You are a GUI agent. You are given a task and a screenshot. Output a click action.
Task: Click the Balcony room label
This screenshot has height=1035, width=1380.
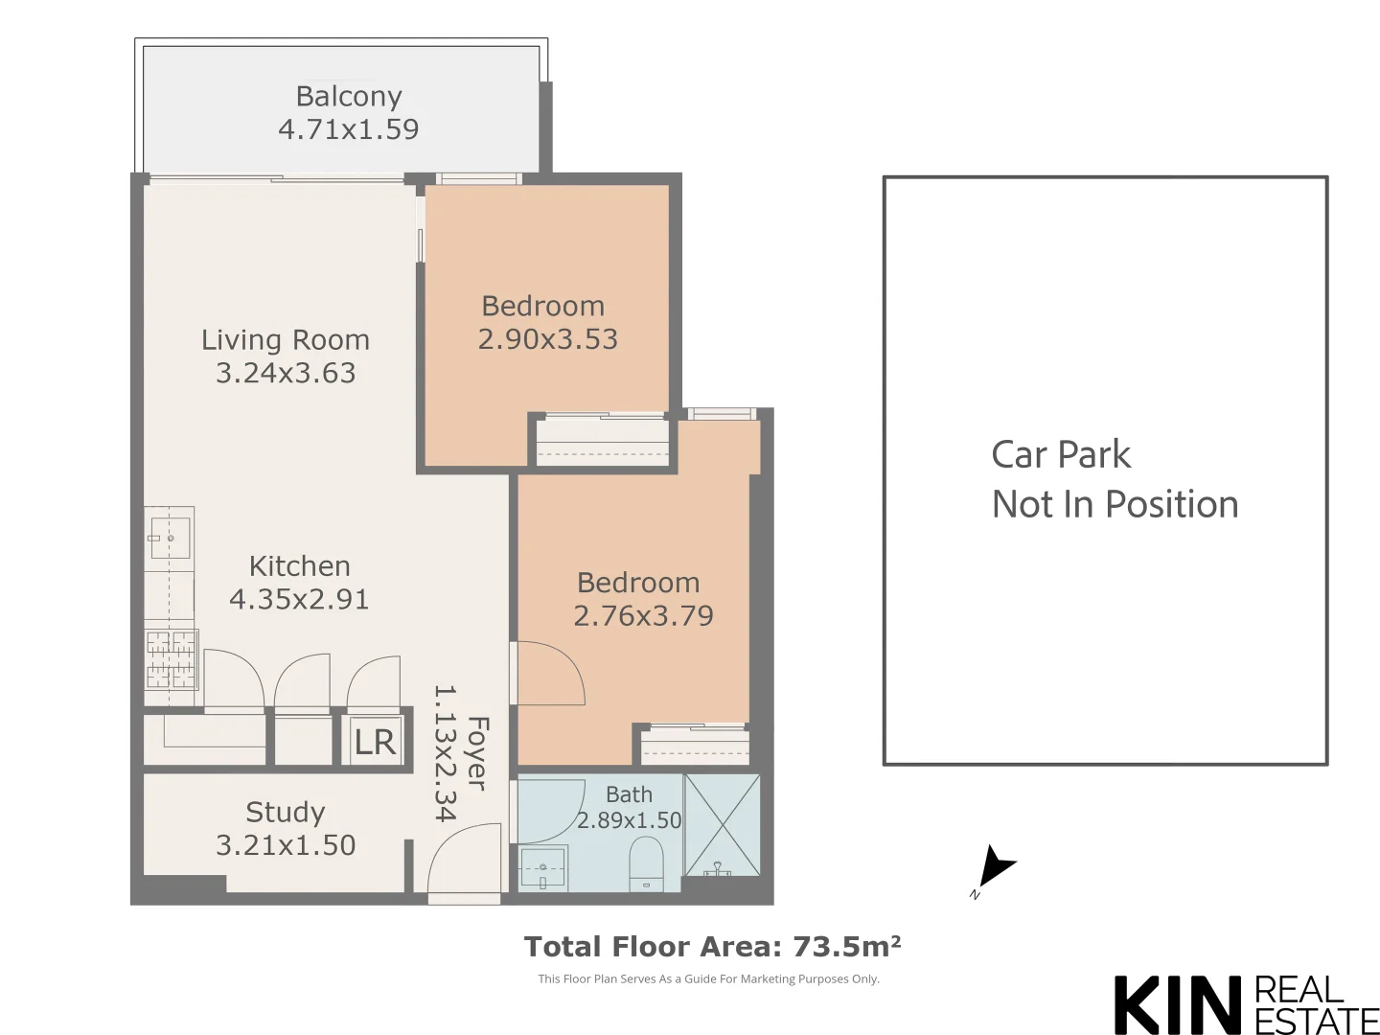tap(349, 96)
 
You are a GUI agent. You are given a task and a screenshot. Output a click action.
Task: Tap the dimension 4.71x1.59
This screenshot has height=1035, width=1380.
tap(349, 129)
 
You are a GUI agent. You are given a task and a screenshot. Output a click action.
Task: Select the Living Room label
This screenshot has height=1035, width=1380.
tap(286, 340)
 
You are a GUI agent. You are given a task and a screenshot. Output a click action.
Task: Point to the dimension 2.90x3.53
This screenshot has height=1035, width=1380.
tap(547, 339)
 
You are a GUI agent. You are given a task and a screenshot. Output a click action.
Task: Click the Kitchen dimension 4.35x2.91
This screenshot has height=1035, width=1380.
tap(299, 599)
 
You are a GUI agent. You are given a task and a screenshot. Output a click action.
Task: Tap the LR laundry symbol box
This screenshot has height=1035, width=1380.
tap(374, 742)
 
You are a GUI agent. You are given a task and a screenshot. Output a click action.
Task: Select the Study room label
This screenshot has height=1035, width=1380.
tap(286, 813)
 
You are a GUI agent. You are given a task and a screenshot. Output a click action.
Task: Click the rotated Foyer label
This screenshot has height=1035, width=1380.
tap(477, 753)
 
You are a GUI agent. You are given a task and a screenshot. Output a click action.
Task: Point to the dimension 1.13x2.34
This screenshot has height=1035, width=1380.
tap(445, 753)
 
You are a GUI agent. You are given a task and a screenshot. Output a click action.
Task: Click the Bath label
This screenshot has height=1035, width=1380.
tap(629, 794)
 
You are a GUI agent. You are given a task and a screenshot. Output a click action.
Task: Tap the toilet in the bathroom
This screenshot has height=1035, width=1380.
tap(647, 862)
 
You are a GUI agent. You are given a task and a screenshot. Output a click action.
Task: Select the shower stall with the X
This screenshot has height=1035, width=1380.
tap(722, 825)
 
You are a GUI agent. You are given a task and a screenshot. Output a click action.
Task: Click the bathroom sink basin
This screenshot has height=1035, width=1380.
tap(542, 868)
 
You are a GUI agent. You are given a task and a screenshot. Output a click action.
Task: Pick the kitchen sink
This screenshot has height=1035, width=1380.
tap(170, 538)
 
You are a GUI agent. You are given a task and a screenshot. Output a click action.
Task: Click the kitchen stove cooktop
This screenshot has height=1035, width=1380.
tap(171, 659)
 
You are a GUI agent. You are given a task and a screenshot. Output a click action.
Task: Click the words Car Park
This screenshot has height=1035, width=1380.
tap(1061, 454)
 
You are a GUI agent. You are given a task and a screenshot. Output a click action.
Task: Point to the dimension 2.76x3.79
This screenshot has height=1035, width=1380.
tap(643, 616)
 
